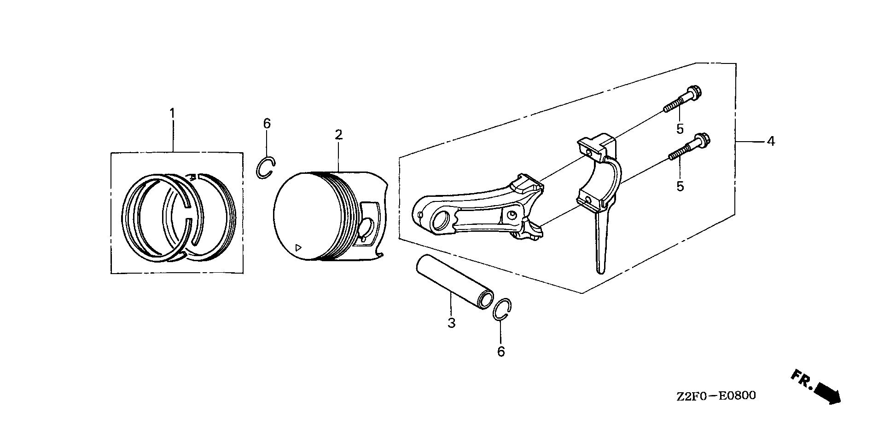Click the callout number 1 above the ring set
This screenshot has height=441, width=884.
[x=173, y=113]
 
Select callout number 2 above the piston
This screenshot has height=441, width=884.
[x=338, y=135]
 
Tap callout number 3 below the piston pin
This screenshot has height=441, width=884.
[x=451, y=323]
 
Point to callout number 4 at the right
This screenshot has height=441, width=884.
[x=771, y=141]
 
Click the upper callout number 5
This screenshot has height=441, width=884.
[x=680, y=129]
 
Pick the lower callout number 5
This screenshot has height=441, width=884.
[x=680, y=186]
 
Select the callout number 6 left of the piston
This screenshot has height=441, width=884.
[x=267, y=123]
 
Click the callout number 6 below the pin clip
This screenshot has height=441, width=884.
[x=501, y=352]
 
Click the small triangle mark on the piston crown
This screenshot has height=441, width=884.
[x=298, y=247]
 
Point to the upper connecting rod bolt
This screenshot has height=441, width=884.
[x=685, y=98]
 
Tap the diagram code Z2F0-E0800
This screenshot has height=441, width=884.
[x=716, y=395]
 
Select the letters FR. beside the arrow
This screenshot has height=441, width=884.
[x=802, y=379]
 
